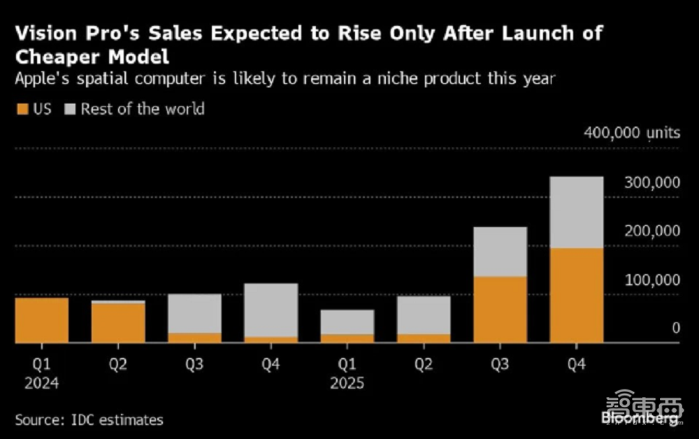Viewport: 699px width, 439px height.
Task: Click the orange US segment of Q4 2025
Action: [577, 295]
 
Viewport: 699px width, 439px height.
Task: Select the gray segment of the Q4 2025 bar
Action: [577, 212]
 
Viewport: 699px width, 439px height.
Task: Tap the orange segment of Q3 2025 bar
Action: [500, 310]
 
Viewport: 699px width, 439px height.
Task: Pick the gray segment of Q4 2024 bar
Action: [271, 310]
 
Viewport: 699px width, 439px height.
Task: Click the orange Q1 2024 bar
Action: [42, 320]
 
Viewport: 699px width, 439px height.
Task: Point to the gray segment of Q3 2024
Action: [194, 313]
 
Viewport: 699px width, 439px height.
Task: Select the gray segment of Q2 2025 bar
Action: [423, 315]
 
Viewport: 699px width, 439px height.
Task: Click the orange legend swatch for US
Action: [21, 109]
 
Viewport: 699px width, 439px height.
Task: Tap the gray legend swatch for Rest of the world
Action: [71, 109]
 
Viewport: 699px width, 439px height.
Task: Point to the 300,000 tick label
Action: [651, 182]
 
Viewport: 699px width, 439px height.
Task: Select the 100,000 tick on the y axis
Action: [651, 280]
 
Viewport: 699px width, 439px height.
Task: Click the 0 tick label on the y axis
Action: [676, 328]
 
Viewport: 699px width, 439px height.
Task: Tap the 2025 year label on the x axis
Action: [347, 383]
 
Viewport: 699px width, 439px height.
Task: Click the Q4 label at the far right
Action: [576, 365]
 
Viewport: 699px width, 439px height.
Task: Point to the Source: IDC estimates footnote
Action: [89, 420]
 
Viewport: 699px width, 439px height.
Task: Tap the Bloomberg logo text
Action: [641, 417]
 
